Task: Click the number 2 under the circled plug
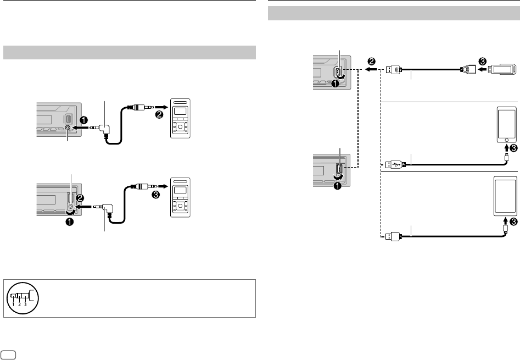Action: click(x=19, y=304)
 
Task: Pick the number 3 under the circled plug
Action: click(x=25, y=304)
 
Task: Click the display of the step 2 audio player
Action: click(x=181, y=112)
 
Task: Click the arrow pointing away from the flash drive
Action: click(x=482, y=70)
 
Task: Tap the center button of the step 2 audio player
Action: click(x=181, y=128)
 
